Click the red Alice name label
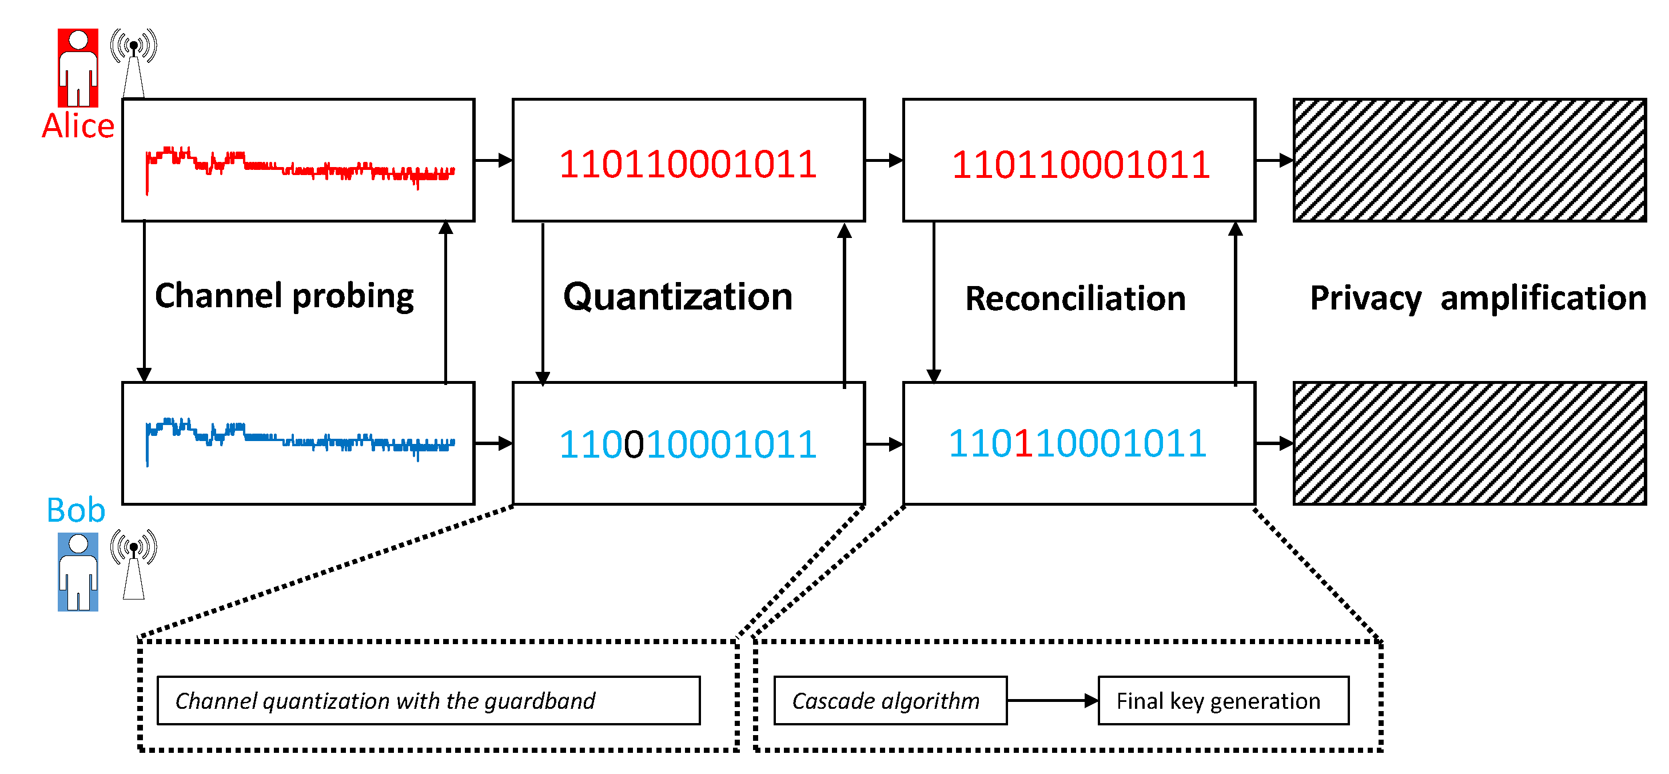coord(78,126)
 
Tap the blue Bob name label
coord(76,510)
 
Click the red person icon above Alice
coord(78,68)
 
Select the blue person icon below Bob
coord(78,571)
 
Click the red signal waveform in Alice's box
coord(298,167)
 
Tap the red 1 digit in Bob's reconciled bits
coord(1023,444)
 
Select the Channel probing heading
coord(284,297)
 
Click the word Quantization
coord(678,297)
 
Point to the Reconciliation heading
coord(1076,299)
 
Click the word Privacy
coord(1366,299)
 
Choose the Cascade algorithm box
coord(890,701)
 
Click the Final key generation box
coord(1223,701)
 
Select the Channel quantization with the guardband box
coord(428,701)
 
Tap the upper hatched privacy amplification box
coord(1469,160)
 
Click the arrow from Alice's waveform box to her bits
coord(493,160)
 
